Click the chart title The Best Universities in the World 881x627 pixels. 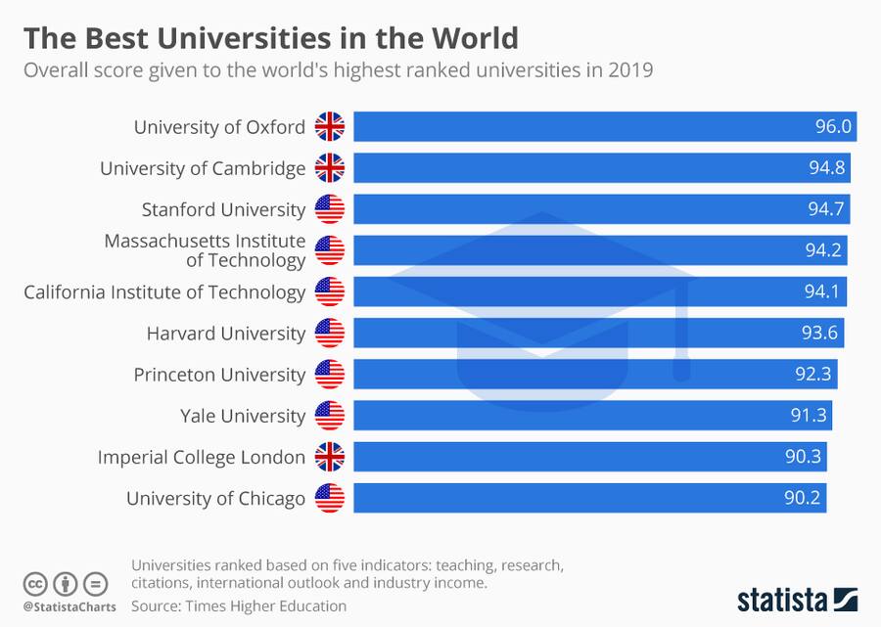click(x=270, y=38)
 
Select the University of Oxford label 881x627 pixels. click(x=219, y=127)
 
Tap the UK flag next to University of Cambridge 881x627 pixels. click(x=330, y=168)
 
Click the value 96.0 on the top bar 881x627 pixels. click(x=834, y=127)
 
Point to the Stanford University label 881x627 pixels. click(x=223, y=209)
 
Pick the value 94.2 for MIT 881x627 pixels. click(x=823, y=250)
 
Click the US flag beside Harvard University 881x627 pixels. click(x=330, y=333)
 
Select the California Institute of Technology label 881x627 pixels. click(x=164, y=291)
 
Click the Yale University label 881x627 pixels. click(x=243, y=416)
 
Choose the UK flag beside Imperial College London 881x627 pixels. click(x=330, y=457)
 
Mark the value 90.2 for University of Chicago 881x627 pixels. click(x=804, y=498)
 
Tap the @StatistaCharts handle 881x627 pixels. click(x=69, y=606)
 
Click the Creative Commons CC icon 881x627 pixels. click(x=35, y=584)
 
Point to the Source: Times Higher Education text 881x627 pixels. click(x=239, y=605)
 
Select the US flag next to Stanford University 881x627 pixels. click(x=330, y=209)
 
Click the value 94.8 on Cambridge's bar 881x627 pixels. click(x=828, y=168)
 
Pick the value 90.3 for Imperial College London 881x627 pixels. click(x=804, y=457)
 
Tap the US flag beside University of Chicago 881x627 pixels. click(x=330, y=498)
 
